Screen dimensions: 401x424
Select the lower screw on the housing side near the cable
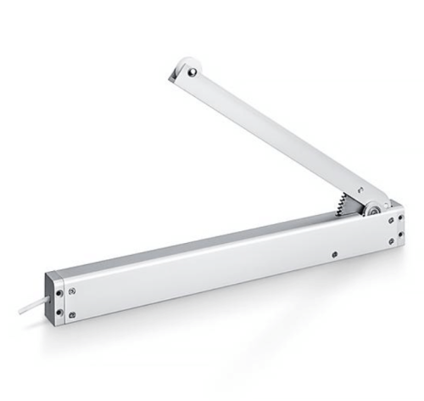pyautogui.click(x=73, y=315)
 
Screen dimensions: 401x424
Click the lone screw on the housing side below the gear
pyautogui.click(x=337, y=252)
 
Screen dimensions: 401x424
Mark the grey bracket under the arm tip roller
pyautogui.click(x=175, y=76)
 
